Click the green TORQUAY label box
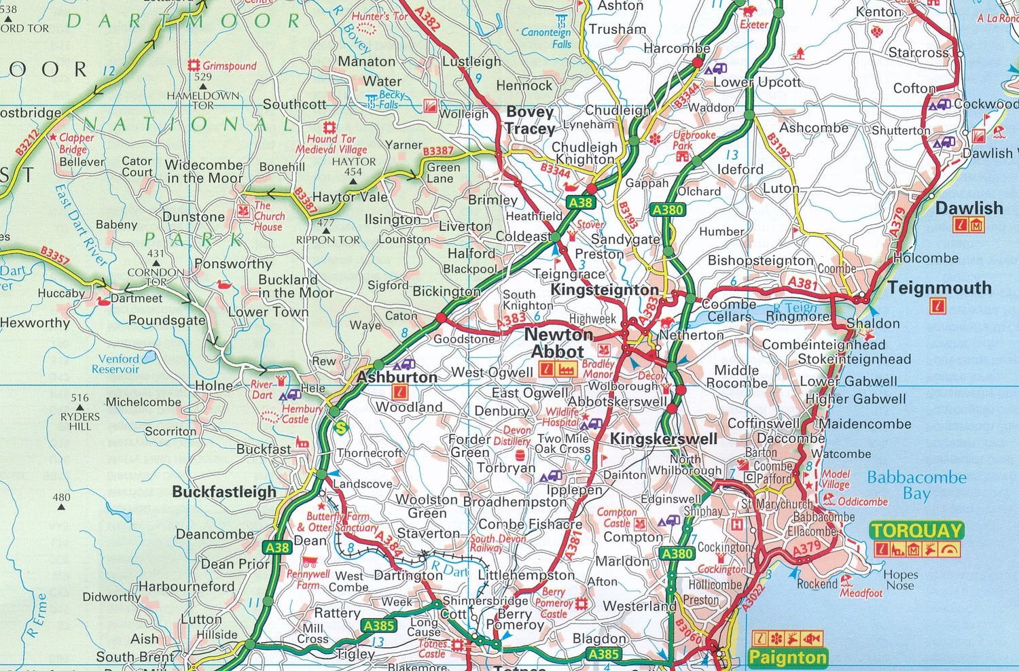[x=916, y=530]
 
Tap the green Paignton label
[x=787, y=657]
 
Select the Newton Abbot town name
[x=558, y=343]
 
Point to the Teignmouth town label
[x=940, y=288]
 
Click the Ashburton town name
[x=397, y=377]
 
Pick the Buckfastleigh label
[x=224, y=492]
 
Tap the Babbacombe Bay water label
[x=916, y=485]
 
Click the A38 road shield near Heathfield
[x=580, y=202]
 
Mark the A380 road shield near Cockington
[x=677, y=553]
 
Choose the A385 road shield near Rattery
[x=378, y=625]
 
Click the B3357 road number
[x=54, y=256]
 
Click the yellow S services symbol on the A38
[x=341, y=427]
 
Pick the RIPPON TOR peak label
[x=327, y=239]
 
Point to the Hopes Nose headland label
[x=900, y=580]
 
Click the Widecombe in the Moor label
[x=204, y=171]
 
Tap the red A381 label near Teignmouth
[x=802, y=282]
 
